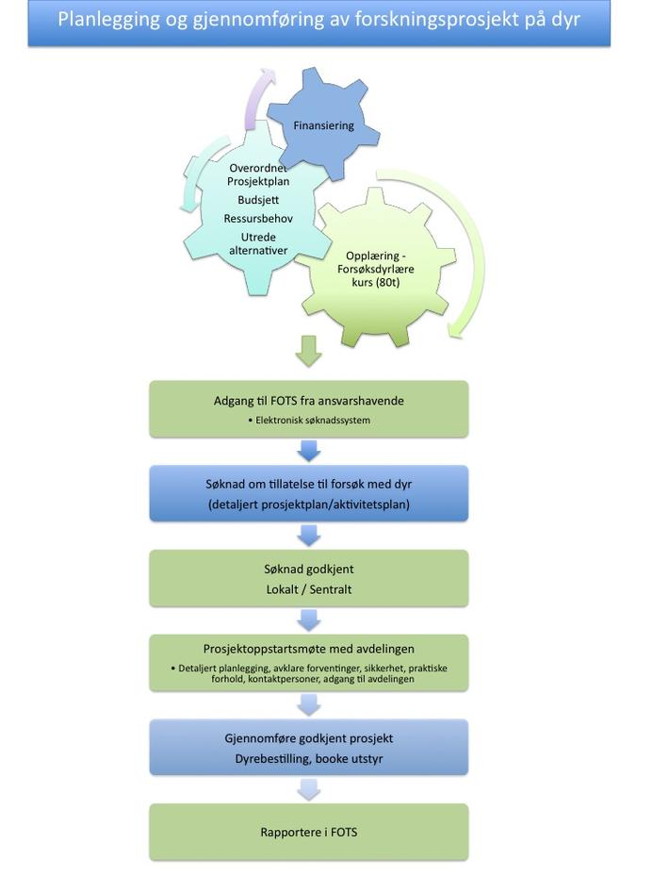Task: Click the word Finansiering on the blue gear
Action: (x=323, y=125)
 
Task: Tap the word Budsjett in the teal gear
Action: (x=258, y=200)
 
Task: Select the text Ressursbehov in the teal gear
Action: (x=258, y=219)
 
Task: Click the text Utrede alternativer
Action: (x=258, y=243)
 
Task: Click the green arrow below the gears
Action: (x=309, y=351)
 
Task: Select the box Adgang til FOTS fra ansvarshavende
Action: (x=309, y=408)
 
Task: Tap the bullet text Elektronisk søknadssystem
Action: (x=313, y=420)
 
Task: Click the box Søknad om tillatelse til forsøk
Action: (x=309, y=493)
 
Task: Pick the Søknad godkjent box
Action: (x=309, y=578)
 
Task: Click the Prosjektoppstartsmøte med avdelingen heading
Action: (x=309, y=649)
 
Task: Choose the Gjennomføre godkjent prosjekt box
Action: (x=309, y=748)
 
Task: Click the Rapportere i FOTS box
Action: (x=309, y=832)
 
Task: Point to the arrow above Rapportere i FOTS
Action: (x=309, y=789)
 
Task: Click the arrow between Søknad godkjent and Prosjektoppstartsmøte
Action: (x=309, y=620)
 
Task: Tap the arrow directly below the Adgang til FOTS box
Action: (x=309, y=451)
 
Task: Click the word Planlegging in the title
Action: (x=107, y=20)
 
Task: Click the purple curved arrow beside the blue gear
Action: (x=259, y=97)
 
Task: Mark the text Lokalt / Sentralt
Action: (x=309, y=589)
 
